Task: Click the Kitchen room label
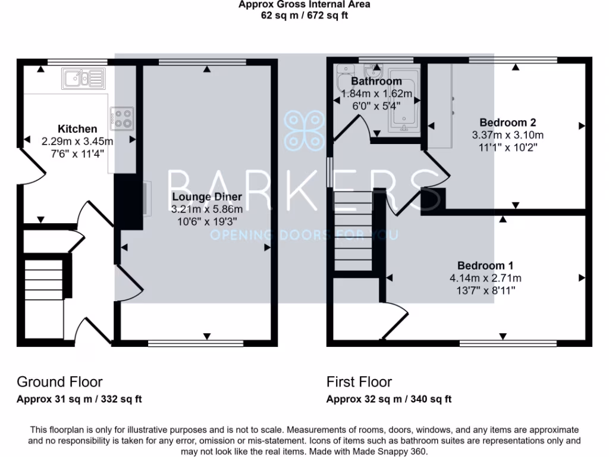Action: pyautogui.click(x=77, y=129)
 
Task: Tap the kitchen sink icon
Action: pyautogui.click(x=83, y=79)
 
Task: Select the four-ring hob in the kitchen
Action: pyautogui.click(x=123, y=118)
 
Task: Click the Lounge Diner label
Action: pyautogui.click(x=207, y=197)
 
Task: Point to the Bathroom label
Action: pyautogui.click(x=376, y=82)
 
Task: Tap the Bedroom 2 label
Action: pyautogui.click(x=508, y=123)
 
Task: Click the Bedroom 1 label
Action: pyautogui.click(x=485, y=265)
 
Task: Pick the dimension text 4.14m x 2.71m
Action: pyautogui.click(x=485, y=278)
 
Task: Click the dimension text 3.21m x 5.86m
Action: pyautogui.click(x=207, y=209)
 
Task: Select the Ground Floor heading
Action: pyautogui.click(x=59, y=381)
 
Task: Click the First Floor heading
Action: pyautogui.click(x=359, y=381)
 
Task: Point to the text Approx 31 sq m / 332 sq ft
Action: pyautogui.click(x=79, y=399)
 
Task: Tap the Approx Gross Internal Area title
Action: pyautogui.click(x=304, y=5)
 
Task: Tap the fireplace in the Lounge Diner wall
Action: pyautogui.click(x=146, y=198)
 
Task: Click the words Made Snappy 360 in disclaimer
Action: pyautogui.click(x=393, y=452)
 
